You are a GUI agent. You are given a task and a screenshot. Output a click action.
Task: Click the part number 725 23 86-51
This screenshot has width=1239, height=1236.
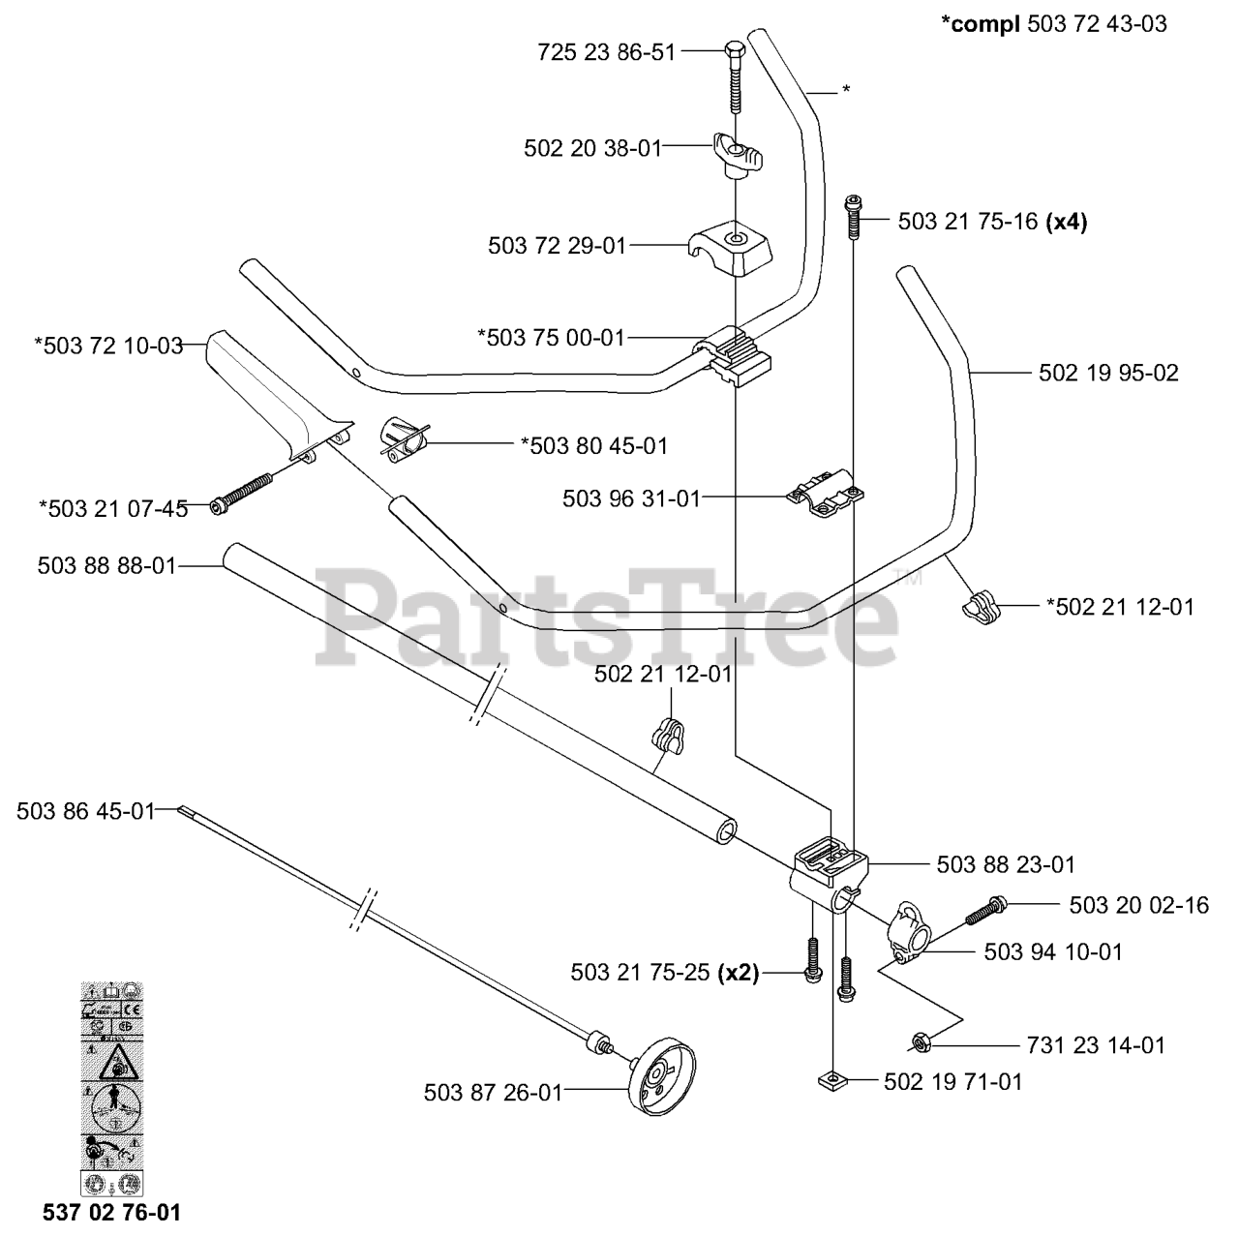point(606,52)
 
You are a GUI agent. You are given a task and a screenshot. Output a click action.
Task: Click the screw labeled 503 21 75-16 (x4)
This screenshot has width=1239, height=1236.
point(852,217)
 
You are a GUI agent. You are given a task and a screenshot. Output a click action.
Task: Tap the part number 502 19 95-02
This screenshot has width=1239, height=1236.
point(1108,373)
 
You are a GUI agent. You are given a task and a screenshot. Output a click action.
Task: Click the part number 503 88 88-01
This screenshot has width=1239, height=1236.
point(107,565)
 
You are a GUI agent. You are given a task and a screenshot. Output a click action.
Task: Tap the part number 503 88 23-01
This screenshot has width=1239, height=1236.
point(1006,864)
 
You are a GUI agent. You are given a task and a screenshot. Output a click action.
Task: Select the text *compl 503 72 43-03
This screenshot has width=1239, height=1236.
point(1053,24)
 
